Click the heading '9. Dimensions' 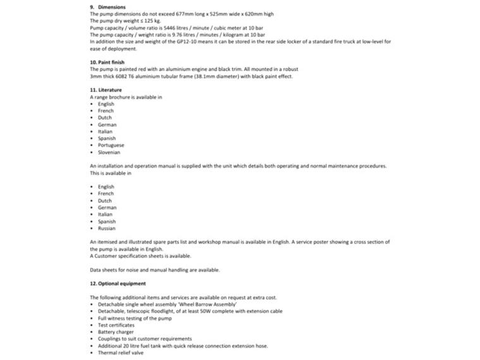click(x=108, y=7)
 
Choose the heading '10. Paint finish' click(x=107, y=63)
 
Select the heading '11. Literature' click(x=106, y=90)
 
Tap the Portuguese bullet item click(x=111, y=145)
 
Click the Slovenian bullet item click(x=109, y=152)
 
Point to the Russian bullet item click(x=107, y=228)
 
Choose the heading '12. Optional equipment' click(x=118, y=283)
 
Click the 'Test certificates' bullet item click(x=116, y=325)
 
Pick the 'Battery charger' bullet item click(x=115, y=332)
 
